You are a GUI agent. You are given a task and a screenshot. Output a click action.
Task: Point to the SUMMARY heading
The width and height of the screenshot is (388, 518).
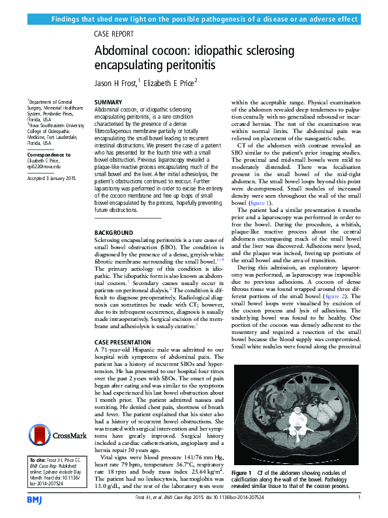108,103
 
